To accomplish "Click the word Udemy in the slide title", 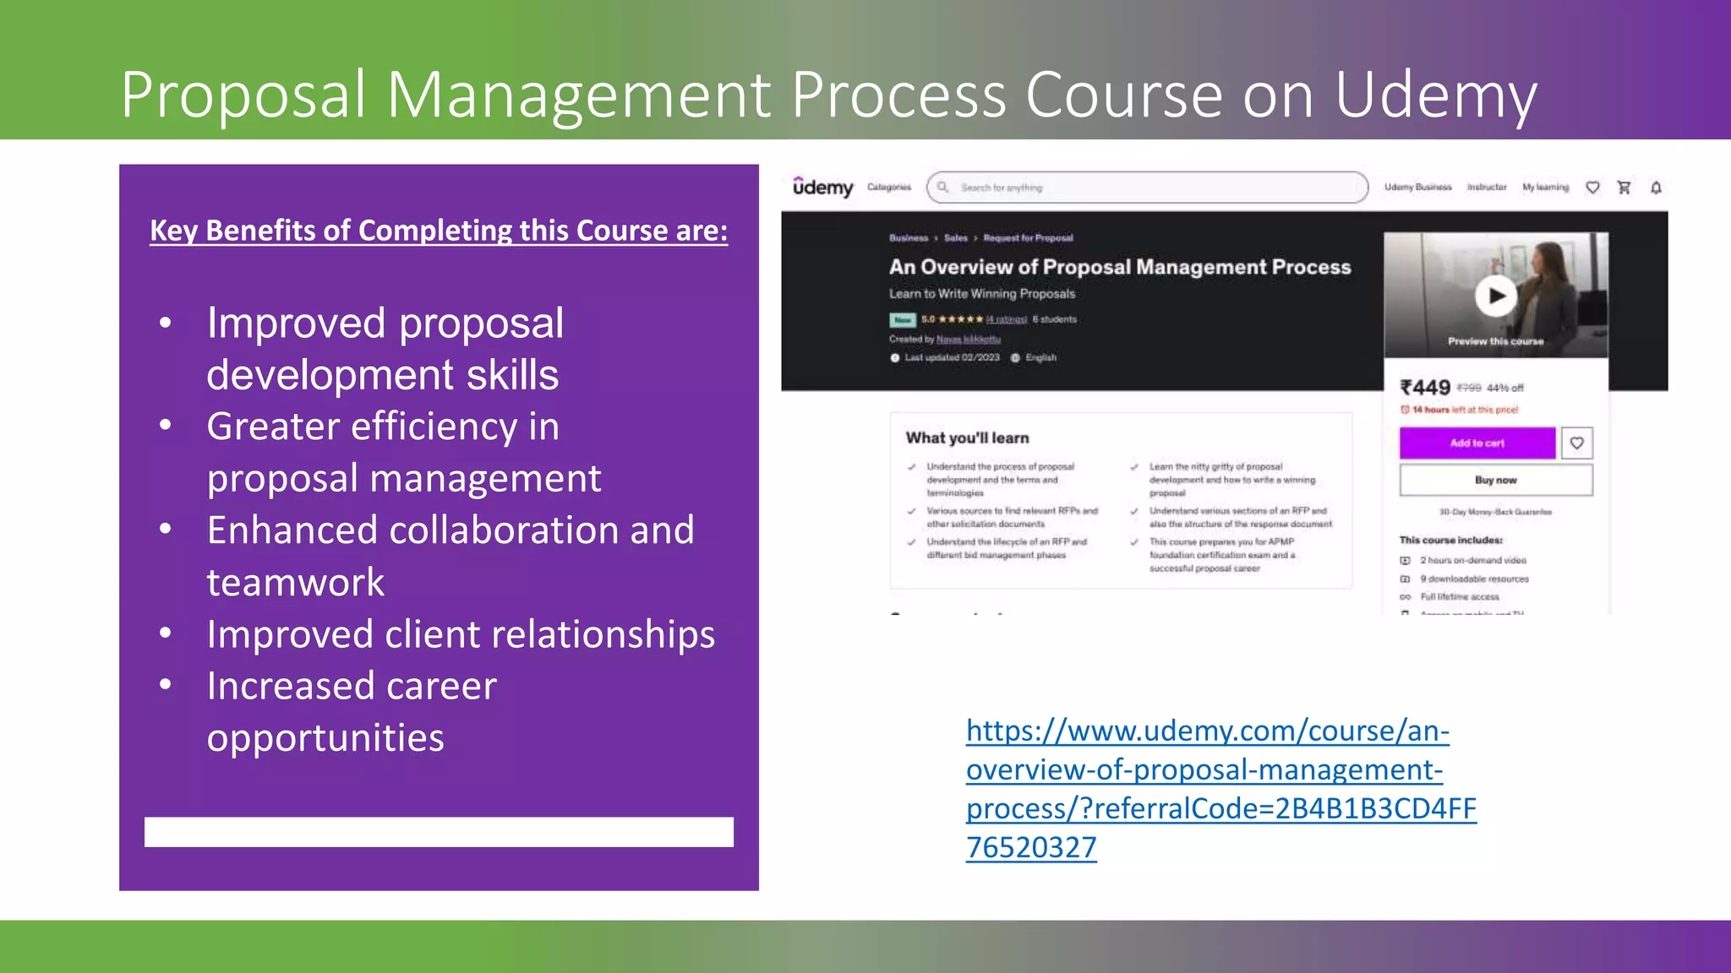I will click(1435, 95).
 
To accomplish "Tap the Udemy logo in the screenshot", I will click(822, 187).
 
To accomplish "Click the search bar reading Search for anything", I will click(1147, 188).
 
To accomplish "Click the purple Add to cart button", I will click(1477, 443).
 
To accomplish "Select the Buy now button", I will click(1495, 480).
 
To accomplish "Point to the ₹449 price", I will click(1425, 388).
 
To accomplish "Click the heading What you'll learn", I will click(967, 438).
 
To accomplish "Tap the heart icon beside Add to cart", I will click(1576, 443).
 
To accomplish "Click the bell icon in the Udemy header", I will click(1656, 188).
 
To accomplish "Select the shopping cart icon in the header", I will click(1624, 188).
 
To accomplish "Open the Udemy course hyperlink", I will click(1220, 788).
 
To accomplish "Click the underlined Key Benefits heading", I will click(439, 231).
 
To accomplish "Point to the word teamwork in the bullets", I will click(295, 582).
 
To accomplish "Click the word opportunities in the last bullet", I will click(325, 737).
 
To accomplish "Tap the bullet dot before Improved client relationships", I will click(166, 633).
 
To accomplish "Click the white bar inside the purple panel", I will click(439, 831).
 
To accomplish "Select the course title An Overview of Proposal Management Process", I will click(1119, 267).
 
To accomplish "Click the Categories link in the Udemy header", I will click(889, 188).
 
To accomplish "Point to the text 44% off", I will click(1504, 389).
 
